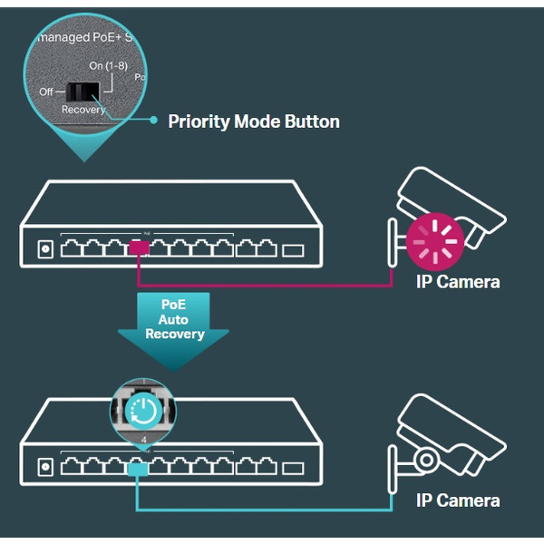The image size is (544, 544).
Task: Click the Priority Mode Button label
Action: coord(254,121)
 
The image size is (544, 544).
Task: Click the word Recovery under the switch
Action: coord(83,110)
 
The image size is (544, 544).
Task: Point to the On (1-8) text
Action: coord(109,66)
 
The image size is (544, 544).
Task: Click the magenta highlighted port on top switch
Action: coord(140,247)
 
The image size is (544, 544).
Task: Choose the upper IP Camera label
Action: coord(458,282)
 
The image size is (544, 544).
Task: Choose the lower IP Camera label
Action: coord(458,500)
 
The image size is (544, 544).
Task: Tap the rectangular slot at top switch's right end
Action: coord(294,248)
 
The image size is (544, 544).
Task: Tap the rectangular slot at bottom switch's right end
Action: coord(294,468)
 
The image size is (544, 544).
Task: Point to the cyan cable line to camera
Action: coord(272,510)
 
